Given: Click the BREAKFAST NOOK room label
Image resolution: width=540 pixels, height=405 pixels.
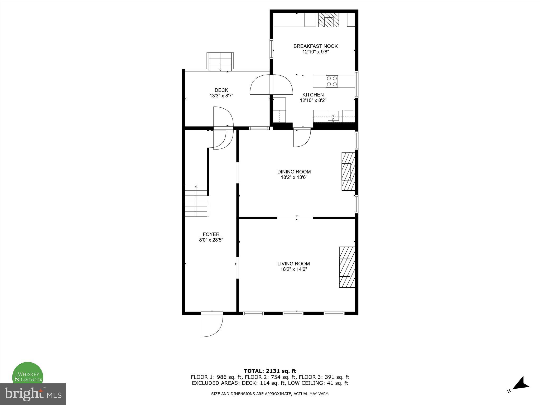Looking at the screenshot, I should pos(315,46).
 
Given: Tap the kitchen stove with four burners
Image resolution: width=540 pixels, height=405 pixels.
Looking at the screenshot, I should pos(332,81).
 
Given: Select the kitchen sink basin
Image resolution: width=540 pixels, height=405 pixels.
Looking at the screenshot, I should pos(333,116).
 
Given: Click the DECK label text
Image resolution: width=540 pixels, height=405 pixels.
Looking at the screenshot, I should pos(221,90).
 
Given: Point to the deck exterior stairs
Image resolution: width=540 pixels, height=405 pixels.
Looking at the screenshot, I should pos(220,62).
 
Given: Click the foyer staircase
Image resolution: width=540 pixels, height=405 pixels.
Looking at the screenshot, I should pos(197,201).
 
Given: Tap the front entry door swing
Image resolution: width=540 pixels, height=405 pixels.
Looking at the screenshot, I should pos(211,326).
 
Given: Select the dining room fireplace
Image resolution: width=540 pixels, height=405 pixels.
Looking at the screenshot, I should pos(348,171).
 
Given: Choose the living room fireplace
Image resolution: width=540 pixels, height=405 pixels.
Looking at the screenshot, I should pos(347,267).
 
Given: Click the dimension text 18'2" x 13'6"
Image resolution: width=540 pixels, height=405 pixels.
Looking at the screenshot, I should pos(294,177).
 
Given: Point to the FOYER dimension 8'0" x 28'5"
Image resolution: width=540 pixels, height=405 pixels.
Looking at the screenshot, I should pos(211,240).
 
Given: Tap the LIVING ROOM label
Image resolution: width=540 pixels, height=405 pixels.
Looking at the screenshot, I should pos(293,263).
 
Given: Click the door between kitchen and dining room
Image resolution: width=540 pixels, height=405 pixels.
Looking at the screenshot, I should pos(302,138).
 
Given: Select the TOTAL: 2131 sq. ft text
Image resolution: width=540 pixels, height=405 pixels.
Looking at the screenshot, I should pos(270,371).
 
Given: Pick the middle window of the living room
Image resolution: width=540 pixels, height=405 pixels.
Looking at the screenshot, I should pos(293,313).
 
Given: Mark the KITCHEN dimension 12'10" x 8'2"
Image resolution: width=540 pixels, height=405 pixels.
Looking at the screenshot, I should pos(313,100).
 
